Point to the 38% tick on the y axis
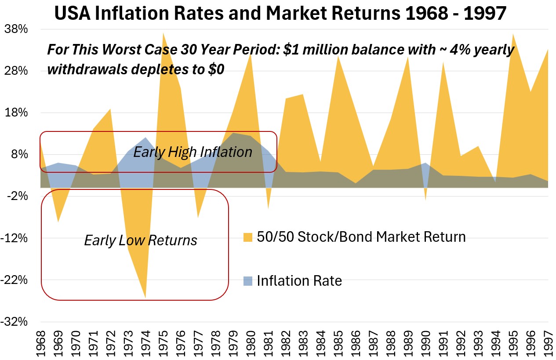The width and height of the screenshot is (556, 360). coord(16,29)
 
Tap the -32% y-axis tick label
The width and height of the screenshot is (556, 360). coord(16,322)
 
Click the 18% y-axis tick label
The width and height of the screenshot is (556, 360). coord(16,113)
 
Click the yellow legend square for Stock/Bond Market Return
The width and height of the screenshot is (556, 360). coord(248,237)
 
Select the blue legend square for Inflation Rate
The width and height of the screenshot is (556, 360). coord(248,280)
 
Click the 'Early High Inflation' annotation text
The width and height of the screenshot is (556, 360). coord(193,152)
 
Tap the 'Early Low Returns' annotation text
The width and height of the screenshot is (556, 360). coord(141,240)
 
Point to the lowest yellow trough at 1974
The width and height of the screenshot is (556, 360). coord(145,297)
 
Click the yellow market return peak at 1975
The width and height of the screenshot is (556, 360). coord(163,33)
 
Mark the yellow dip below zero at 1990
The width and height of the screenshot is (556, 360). coord(425,199)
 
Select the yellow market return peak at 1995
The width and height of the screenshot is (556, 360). coord(512,35)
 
